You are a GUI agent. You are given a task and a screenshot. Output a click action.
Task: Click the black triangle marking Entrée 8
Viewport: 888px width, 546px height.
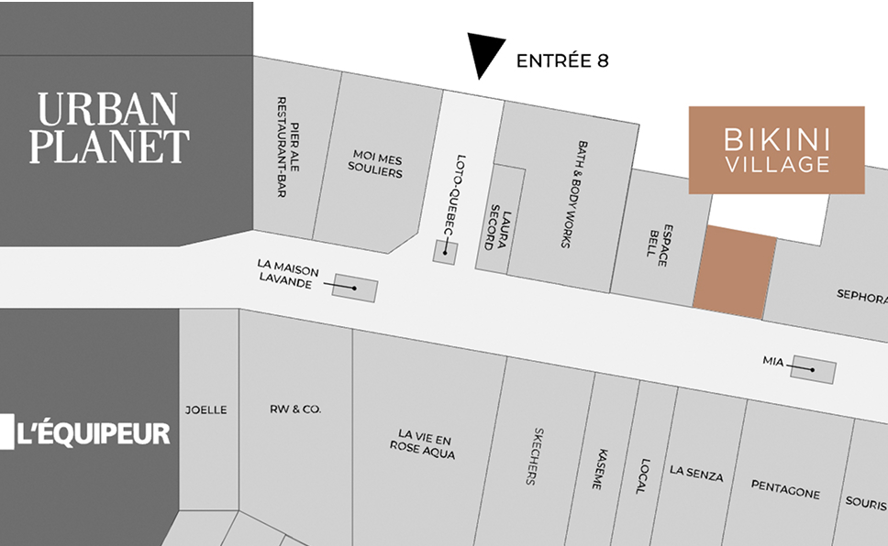pos(483,53)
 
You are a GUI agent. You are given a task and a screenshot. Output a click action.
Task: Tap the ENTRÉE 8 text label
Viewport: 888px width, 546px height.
pos(562,61)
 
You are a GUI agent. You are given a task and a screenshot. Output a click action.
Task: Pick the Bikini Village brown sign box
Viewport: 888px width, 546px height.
pos(776,150)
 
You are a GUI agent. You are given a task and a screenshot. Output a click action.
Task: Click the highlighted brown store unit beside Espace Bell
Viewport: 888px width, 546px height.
pos(734,272)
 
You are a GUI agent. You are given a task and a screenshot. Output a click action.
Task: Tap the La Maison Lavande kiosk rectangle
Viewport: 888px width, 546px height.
pos(355,288)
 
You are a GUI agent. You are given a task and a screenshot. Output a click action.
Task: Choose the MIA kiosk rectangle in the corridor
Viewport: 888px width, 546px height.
pos(814,369)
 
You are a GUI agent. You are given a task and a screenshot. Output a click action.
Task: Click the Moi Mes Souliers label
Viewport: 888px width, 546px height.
pos(376,163)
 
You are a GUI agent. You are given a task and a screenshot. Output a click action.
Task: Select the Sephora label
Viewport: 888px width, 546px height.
pos(861,296)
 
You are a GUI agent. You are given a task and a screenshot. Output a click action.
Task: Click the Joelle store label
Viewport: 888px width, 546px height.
pos(205,409)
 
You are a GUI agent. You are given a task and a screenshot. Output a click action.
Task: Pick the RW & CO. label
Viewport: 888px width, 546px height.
pos(294,409)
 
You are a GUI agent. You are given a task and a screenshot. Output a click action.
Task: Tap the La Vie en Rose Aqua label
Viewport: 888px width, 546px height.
pos(421,443)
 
